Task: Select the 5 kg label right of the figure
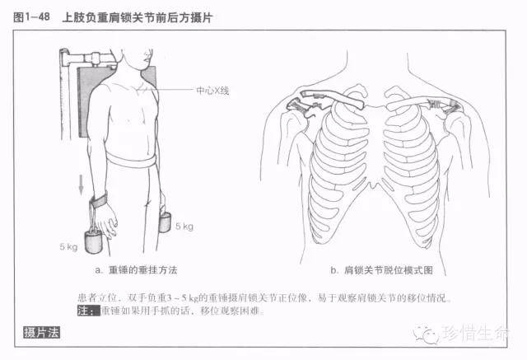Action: (184, 226)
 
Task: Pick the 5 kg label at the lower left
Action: (71, 245)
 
